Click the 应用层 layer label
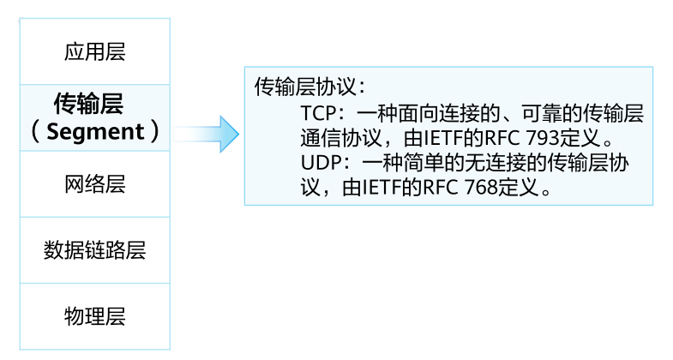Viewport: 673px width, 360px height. tap(95, 52)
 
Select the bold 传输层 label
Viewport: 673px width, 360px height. tap(89, 104)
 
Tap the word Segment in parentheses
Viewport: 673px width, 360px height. tap(95, 131)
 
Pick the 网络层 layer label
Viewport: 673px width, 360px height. tap(95, 184)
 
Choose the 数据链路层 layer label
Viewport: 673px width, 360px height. tap(95, 250)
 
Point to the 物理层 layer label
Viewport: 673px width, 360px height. tap(95, 316)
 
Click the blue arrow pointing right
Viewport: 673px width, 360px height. tap(206, 134)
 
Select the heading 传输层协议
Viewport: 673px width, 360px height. tap(305, 87)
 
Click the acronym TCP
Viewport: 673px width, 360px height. tap(318, 113)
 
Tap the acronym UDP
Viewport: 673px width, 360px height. tap(320, 163)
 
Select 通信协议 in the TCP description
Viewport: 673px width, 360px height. tap(341, 138)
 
